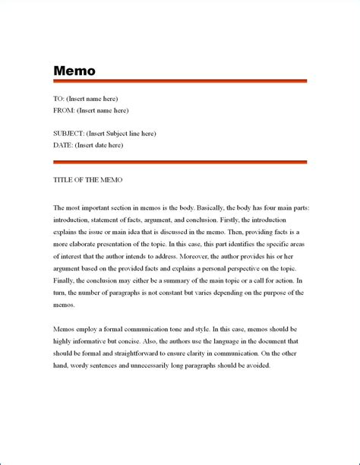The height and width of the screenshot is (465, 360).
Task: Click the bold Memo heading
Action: point(74,71)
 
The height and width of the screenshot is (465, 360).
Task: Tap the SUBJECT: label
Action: point(69,134)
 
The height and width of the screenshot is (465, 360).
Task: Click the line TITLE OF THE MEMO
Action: point(87,180)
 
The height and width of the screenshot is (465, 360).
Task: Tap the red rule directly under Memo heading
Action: point(179,81)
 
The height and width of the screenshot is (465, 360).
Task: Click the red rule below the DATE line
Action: point(179,161)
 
